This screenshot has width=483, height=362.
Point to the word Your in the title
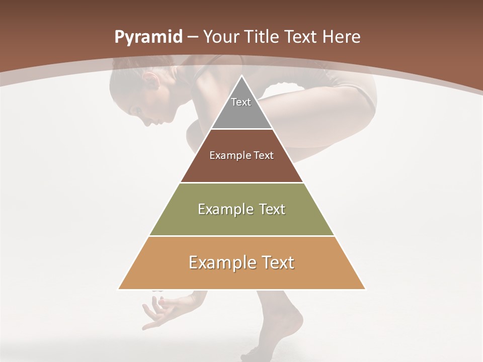click(x=221, y=37)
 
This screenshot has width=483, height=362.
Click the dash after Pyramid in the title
click(x=193, y=37)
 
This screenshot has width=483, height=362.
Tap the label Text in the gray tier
click(x=241, y=102)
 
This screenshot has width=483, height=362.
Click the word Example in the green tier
click(x=220, y=209)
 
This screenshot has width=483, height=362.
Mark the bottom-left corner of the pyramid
click(x=119, y=289)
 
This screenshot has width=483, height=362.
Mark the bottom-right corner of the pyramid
click(x=365, y=289)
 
